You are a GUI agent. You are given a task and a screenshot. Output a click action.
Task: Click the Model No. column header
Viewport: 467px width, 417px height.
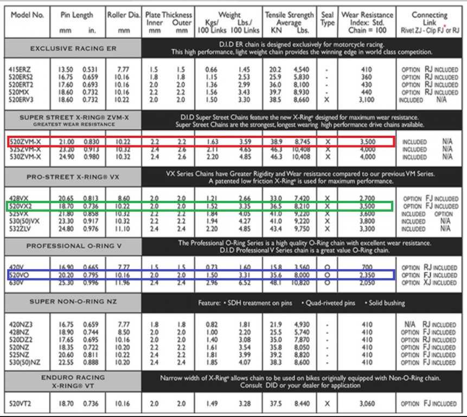click(27, 15)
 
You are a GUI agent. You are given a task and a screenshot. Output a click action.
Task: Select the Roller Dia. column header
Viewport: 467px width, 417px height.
click(124, 15)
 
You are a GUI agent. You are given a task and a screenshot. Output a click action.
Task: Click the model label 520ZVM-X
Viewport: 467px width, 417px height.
click(26, 141)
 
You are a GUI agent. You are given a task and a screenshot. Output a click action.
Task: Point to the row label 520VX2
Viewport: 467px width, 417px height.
click(22, 206)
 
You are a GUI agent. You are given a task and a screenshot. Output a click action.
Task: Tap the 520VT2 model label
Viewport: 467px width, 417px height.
click(22, 404)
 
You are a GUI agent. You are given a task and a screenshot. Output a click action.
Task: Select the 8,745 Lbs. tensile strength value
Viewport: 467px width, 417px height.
click(302, 141)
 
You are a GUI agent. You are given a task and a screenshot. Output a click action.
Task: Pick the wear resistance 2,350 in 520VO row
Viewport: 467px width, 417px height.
click(365, 275)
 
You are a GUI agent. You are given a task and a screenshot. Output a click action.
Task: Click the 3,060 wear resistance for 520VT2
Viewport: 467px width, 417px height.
click(365, 404)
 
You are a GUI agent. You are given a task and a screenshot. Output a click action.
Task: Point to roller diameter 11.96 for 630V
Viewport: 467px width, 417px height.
click(124, 282)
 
